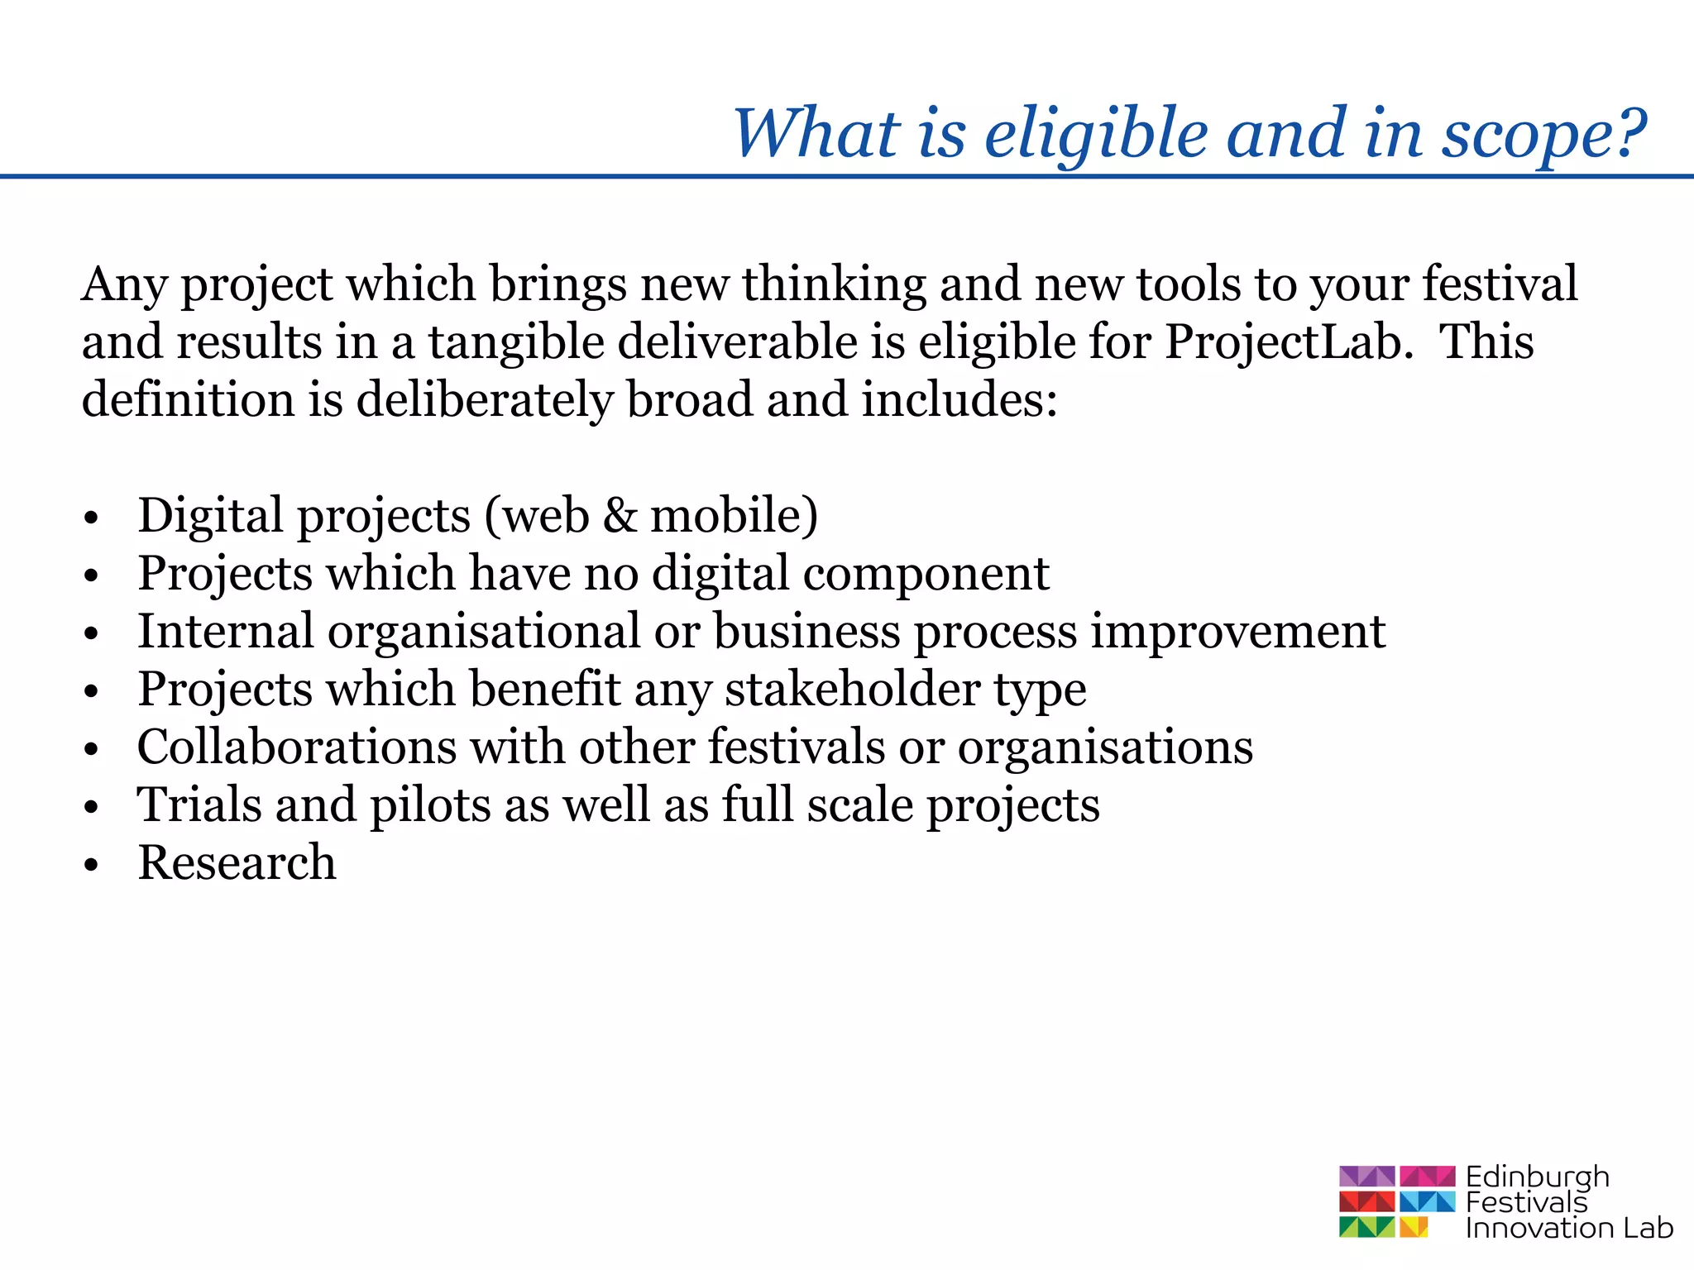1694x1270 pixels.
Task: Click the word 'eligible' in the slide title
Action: coord(1097,134)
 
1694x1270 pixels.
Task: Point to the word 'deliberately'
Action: coord(485,400)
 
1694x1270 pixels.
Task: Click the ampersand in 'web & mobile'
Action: coord(620,516)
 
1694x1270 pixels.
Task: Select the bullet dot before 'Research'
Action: coord(91,865)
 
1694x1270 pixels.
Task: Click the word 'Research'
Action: coord(237,863)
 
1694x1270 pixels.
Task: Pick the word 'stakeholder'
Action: coord(852,690)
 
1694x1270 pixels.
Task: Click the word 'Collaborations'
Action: coord(296,747)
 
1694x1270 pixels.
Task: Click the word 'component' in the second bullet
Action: coord(926,575)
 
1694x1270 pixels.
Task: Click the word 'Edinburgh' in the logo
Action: coord(1537,1177)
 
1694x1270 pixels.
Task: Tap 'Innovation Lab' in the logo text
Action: coord(1568,1229)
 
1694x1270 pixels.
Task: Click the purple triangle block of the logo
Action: coord(1366,1176)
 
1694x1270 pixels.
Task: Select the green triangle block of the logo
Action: coord(1366,1227)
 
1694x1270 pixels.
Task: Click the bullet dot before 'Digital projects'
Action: coord(91,518)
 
